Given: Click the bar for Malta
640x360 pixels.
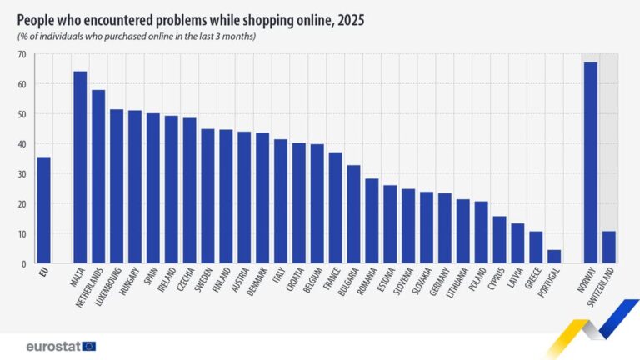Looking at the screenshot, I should [80, 167].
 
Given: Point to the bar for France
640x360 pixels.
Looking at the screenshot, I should [335, 207].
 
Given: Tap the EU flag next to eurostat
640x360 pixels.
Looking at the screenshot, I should [89, 346].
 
